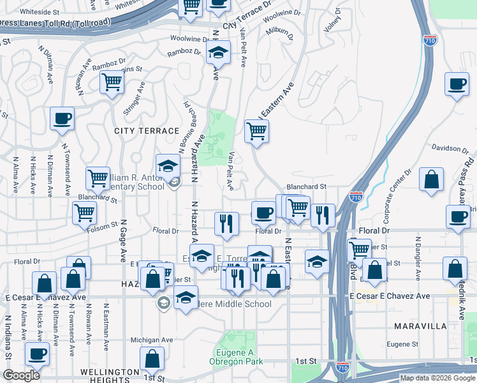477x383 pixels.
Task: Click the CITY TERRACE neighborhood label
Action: (147, 131)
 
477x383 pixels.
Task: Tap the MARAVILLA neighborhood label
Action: (420, 326)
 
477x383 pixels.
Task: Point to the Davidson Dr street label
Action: (450, 149)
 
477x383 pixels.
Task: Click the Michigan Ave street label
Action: (152, 340)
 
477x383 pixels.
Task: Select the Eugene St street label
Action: (401, 344)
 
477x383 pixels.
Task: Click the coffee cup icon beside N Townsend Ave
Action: (62, 118)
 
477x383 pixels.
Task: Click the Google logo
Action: (22, 375)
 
